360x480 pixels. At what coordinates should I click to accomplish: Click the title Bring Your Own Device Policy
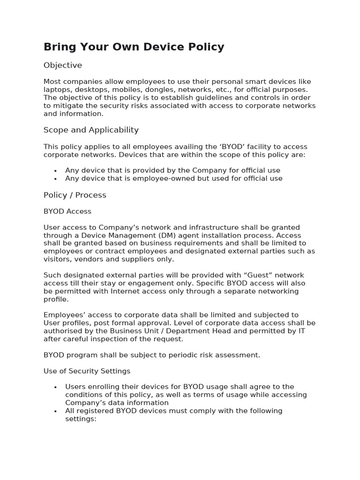pos(134,47)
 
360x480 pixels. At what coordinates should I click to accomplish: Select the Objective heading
pos(63,65)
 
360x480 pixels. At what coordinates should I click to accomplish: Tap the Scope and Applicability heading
pos(91,130)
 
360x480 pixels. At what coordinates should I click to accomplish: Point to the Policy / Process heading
pos(75,195)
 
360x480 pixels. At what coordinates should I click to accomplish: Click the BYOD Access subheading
pos(67,211)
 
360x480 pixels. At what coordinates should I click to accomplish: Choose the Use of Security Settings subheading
pos(87,371)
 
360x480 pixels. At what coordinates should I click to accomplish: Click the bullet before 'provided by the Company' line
pos(55,171)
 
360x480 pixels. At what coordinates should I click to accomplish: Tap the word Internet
pos(129,291)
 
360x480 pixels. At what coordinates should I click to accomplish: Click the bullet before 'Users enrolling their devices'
pos(55,387)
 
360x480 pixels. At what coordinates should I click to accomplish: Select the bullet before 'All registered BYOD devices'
pos(55,411)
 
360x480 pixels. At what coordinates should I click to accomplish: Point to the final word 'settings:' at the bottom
pos(81,419)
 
